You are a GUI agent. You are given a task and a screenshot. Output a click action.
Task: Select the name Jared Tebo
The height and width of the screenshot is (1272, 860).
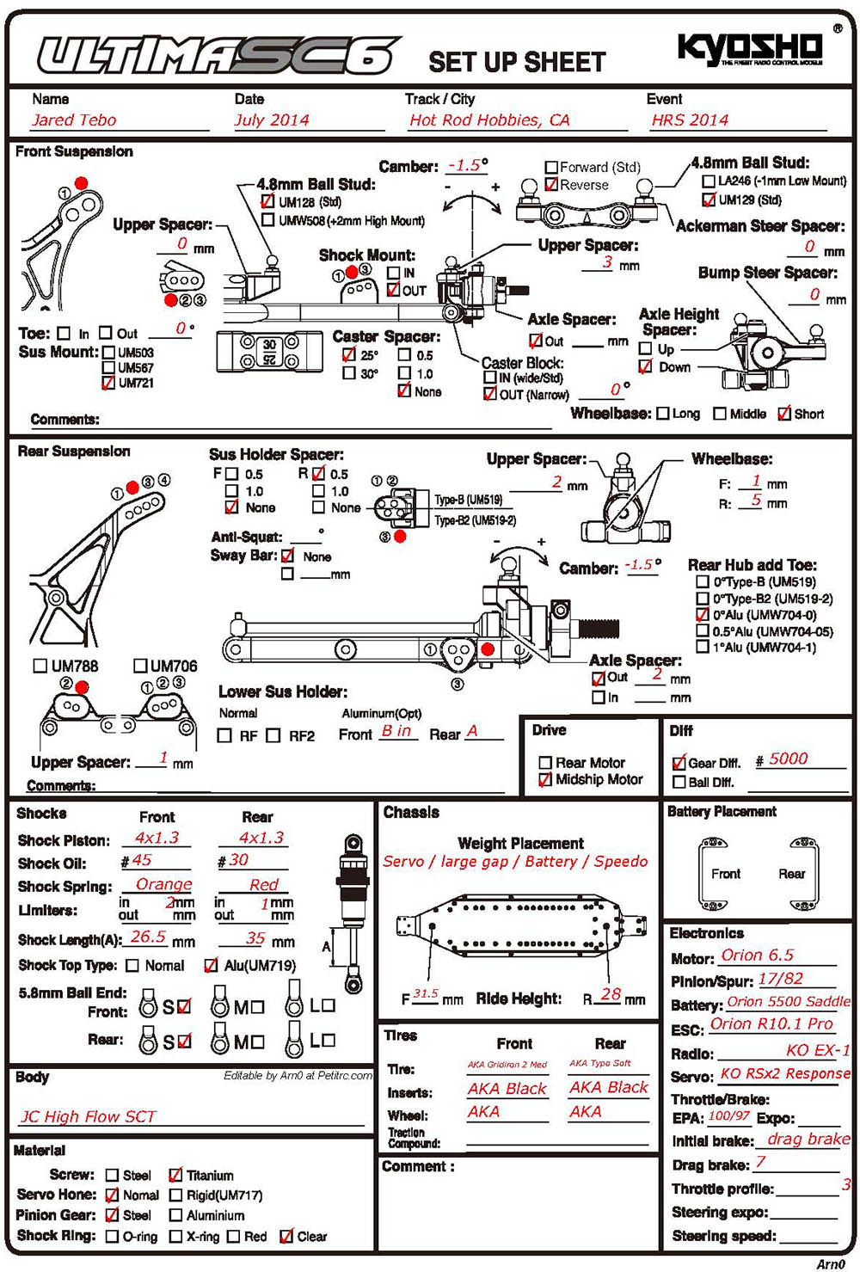[74, 120]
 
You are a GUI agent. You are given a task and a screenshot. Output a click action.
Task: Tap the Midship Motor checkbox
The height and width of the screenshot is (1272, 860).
[544, 779]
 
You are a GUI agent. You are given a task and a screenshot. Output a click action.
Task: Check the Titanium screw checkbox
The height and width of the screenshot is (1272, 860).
[175, 1175]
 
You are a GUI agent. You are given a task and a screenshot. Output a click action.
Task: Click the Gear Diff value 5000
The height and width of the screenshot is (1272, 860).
[788, 759]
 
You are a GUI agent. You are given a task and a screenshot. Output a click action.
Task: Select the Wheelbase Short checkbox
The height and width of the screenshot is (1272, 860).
[783, 414]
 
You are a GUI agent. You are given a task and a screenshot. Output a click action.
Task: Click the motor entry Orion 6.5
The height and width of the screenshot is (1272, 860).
[757, 956]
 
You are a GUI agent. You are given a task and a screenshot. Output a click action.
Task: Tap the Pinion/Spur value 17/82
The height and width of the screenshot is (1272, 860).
[780, 979]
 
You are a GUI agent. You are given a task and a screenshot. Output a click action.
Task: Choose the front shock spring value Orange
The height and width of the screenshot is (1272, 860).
[163, 884]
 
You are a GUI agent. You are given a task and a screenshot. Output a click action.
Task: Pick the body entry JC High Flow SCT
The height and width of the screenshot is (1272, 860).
[88, 1116]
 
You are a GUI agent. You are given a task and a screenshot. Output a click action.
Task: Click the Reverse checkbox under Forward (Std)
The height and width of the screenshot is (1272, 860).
[551, 185]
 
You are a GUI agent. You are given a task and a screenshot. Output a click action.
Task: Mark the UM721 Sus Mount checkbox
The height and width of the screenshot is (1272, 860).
[108, 383]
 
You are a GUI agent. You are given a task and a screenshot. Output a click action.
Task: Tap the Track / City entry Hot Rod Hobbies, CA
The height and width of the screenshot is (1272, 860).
[489, 120]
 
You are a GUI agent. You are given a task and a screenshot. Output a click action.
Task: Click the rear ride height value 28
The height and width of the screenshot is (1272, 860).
[611, 994]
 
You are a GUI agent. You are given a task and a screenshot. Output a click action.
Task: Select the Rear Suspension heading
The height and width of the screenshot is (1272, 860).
[74, 452]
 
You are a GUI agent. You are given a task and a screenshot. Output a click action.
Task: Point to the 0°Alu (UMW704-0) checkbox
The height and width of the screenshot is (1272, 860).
[703, 615]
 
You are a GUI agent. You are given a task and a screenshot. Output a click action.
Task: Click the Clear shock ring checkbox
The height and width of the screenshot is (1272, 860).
[286, 1236]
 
